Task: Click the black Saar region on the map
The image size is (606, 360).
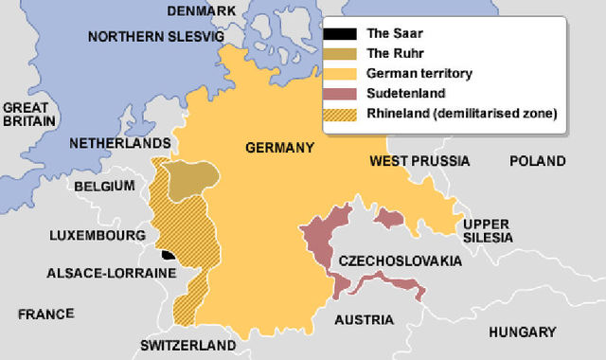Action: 168,254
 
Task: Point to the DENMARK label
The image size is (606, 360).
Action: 201,10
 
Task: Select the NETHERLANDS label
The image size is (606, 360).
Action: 119,144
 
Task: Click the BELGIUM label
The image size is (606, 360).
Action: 106,186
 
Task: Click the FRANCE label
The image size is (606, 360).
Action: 45,313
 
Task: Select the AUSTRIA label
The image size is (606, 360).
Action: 364,319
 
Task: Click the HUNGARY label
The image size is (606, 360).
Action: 522,332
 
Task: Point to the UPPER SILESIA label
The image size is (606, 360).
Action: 489,230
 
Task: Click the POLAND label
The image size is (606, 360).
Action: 538,161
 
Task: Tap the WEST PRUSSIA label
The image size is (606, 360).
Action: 415,161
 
